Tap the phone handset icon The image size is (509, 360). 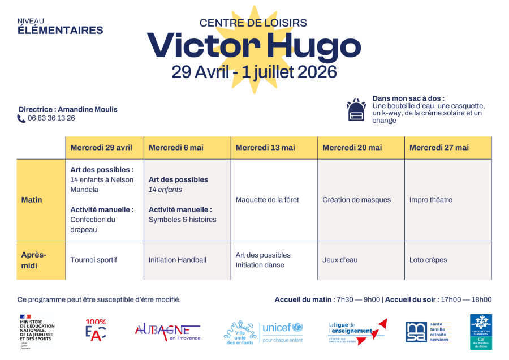pyautogui.click(x=21, y=119)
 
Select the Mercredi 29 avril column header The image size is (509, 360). pyautogui.click(x=101, y=148)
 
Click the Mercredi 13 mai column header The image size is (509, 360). pyautogui.click(x=265, y=148)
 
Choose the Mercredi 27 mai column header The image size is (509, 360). pyautogui.click(x=439, y=148)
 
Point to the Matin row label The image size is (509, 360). pyautogui.click(x=32, y=200)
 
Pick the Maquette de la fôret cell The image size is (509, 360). pyautogui.click(x=268, y=200)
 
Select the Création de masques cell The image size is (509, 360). pyautogui.click(x=356, y=200)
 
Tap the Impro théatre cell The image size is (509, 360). pyautogui.click(x=431, y=200)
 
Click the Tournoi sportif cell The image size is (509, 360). pyautogui.click(x=94, y=260)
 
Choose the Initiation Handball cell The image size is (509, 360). pyautogui.click(x=178, y=260)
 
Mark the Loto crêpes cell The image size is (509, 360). pyautogui.click(x=428, y=260)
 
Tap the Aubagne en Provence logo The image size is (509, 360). pyautogui.click(x=167, y=331)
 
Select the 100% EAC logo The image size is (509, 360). pyautogui.click(x=96, y=330)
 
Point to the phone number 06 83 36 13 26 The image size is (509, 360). pyautogui.click(x=51, y=118)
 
